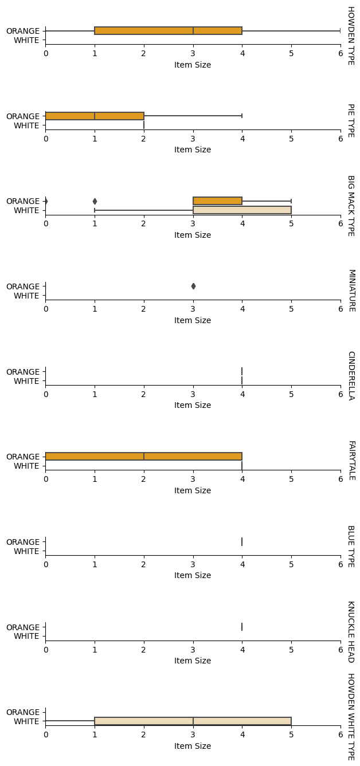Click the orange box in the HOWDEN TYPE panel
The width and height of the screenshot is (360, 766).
tap(168, 30)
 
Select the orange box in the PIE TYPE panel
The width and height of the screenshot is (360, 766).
tap(95, 116)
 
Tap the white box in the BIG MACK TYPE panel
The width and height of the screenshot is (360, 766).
tap(242, 210)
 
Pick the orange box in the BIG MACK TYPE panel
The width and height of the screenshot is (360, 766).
tap(217, 201)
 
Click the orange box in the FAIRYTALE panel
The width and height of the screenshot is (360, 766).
tap(143, 457)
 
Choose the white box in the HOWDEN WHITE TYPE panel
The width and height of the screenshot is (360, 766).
tap(193, 721)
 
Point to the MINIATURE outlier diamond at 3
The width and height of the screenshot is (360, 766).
tap(193, 286)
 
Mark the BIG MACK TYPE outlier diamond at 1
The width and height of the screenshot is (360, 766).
tap(95, 201)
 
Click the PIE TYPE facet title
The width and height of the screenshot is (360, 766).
tap(350, 120)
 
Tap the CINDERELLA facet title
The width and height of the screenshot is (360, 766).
tap(350, 375)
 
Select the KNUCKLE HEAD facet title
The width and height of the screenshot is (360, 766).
tap(350, 631)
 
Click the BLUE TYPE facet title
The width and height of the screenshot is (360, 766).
tap(350, 546)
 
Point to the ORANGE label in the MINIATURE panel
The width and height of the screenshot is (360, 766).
tap(23, 286)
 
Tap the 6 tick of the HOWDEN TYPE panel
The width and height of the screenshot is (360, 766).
tap(341, 54)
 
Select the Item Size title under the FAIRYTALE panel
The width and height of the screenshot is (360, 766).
tap(193, 490)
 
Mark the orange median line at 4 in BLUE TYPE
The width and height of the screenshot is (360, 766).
tap(242, 541)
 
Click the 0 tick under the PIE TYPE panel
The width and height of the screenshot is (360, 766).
tap(46, 139)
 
